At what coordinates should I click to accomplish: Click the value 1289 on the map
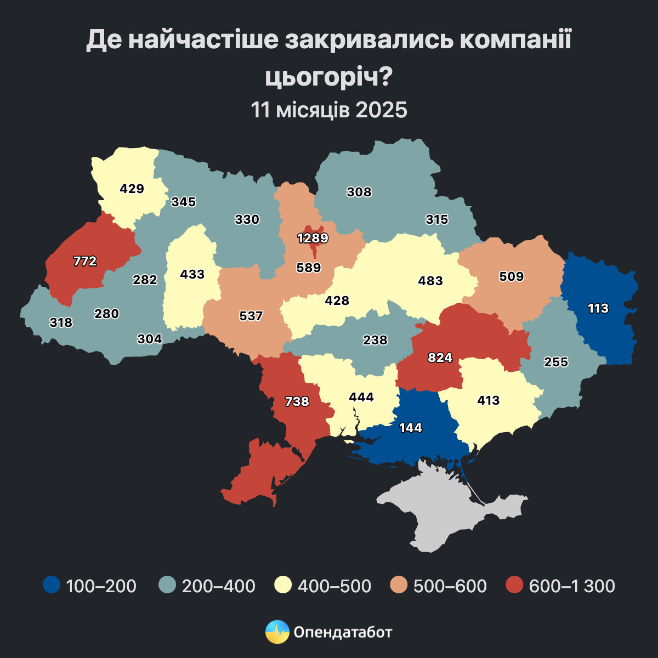click(313, 239)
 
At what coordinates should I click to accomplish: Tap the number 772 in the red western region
click(85, 262)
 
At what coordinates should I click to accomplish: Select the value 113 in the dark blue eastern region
click(598, 308)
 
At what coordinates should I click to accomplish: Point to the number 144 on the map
click(411, 428)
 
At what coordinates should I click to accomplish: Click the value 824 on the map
click(440, 358)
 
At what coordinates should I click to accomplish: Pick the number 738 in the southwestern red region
click(297, 401)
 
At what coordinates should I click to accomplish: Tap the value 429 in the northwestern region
click(132, 189)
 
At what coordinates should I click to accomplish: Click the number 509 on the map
click(512, 276)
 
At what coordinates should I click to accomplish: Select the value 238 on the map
click(376, 340)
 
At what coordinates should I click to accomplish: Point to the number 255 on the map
click(556, 362)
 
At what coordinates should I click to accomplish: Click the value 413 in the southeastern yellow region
click(489, 400)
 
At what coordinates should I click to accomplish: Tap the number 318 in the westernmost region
click(61, 322)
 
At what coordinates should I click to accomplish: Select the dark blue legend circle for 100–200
click(52, 585)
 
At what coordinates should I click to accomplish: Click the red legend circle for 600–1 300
click(515, 585)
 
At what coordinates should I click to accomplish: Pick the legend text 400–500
click(334, 586)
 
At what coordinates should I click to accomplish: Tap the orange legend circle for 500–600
click(399, 585)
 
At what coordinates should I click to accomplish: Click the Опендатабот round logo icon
click(277, 632)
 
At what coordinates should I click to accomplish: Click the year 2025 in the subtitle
click(381, 110)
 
